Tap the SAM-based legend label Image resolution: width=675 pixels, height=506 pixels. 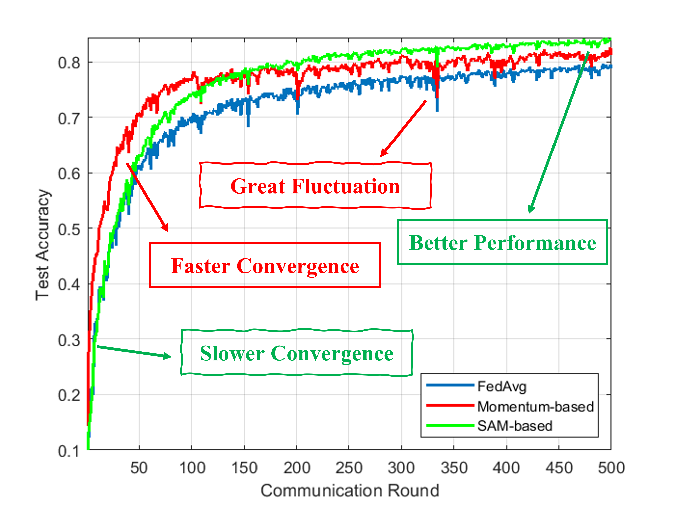pyautogui.click(x=515, y=426)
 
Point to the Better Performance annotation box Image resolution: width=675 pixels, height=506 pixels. pyautogui.click(x=503, y=242)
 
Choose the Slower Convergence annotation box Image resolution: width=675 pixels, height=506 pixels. pyautogui.click(x=297, y=353)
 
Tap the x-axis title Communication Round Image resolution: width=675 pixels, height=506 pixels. pyautogui.click(x=350, y=491)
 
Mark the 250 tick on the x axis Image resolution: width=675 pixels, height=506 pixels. pyautogui.click(x=349, y=468)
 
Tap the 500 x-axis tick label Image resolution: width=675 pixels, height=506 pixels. pyautogui.click(x=611, y=468)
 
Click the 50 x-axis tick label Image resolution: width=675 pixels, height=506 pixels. pyautogui.click(x=139, y=468)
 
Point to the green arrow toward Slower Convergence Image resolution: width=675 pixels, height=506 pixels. pyautogui.click(x=134, y=352)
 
